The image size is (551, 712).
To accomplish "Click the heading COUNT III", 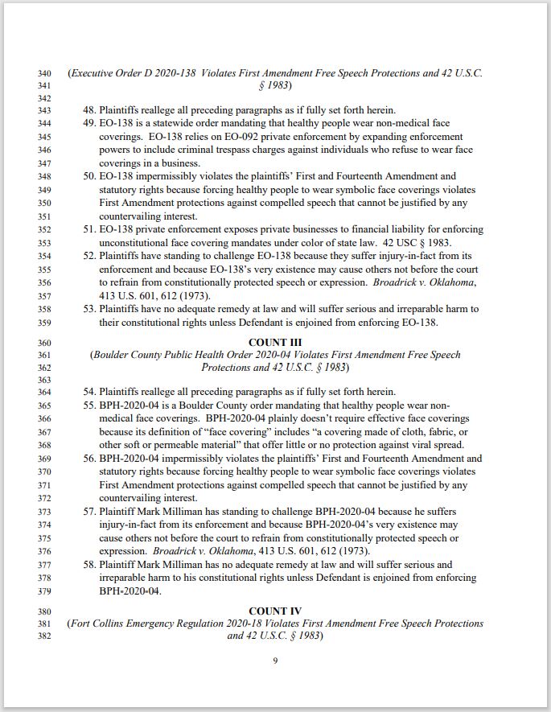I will tap(275, 342).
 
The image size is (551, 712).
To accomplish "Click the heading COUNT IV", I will tap(275, 611).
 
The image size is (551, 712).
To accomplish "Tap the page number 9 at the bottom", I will tap(275, 661).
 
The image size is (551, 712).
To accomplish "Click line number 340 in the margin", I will tap(44, 74).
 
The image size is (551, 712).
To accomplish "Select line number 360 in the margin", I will tap(44, 343).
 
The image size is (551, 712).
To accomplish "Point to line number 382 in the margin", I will tap(44, 636).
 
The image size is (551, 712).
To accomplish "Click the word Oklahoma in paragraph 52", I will tap(452, 282).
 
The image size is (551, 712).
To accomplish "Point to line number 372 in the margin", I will tap(44, 499).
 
